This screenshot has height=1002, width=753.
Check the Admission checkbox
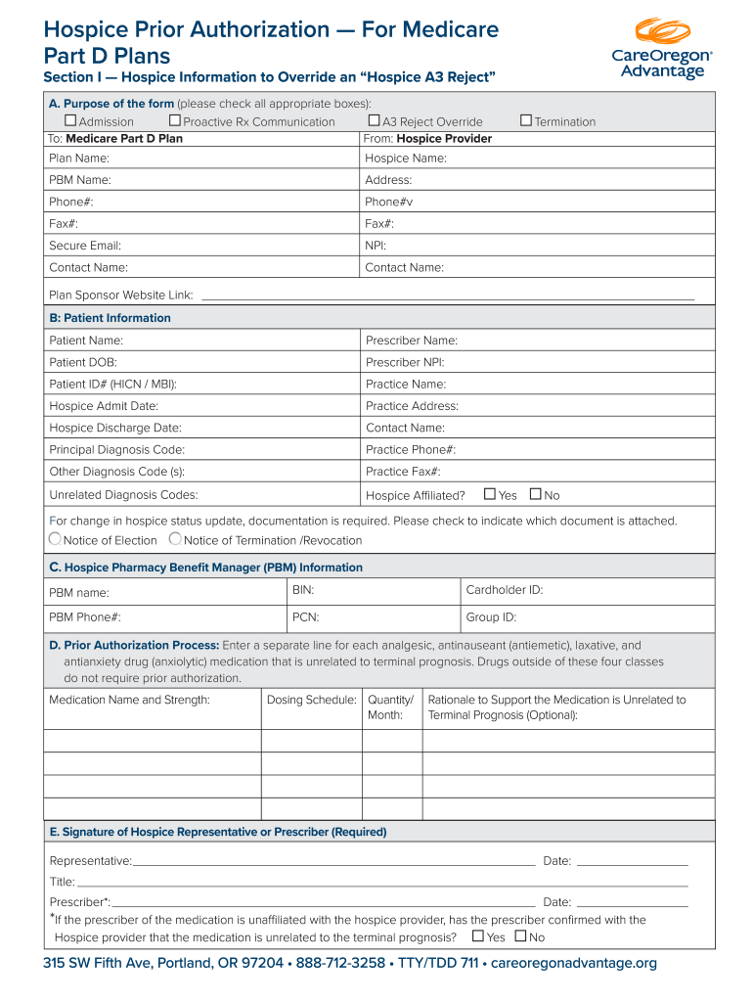[x=70, y=121]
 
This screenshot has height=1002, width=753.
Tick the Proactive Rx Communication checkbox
[x=175, y=121]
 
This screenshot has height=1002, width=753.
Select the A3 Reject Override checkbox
[x=374, y=121]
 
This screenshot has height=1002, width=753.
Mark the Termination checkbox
[x=526, y=121]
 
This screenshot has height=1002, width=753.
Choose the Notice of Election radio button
[x=56, y=539]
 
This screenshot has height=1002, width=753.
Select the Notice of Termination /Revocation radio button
[x=175, y=539]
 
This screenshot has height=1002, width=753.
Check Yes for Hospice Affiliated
[x=491, y=494]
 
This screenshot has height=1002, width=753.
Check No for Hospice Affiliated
[x=535, y=494]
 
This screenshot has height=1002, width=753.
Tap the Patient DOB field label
[x=83, y=362]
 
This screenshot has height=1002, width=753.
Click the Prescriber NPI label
[x=405, y=362]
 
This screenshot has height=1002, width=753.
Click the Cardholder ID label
[x=504, y=590]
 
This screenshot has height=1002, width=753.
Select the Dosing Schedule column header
[x=311, y=700]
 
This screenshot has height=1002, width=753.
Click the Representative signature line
[x=333, y=862]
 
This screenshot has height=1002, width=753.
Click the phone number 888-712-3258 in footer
[x=340, y=964]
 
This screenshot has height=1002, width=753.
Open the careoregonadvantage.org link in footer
[x=573, y=964]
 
